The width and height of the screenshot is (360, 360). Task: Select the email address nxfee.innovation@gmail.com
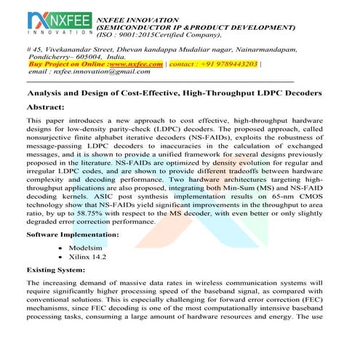pyautogui.click(x=88, y=73)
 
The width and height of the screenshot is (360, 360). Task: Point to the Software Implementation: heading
pyautogui.click(x=73, y=235)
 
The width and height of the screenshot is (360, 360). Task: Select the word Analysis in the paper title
pyautogui.click(x=47, y=93)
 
